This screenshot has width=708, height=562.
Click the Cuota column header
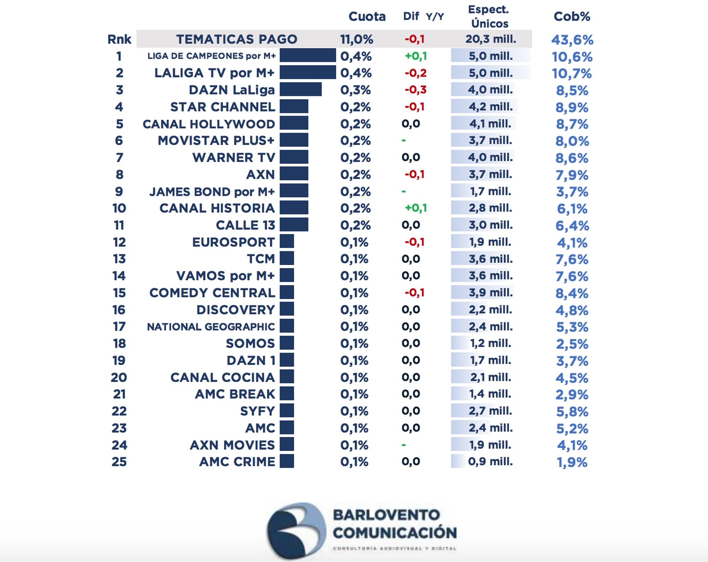pyautogui.click(x=367, y=16)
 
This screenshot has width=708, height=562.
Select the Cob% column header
pyautogui.click(x=572, y=16)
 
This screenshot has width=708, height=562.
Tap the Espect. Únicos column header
pyautogui.click(x=489, y=16)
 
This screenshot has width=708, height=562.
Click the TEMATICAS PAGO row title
pyautogui.click(x=236, y=39)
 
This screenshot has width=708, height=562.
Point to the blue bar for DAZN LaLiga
pyautogui.click(x=301, y=90)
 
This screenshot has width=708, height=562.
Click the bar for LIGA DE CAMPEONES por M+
pyautogui.click(x=308, y=56)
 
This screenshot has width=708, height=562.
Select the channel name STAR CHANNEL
pyautogui.click(x=223, y=107)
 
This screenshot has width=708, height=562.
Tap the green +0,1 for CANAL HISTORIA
pyautogui.click(x=416, y=208)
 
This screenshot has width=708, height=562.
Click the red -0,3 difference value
pyautogui.click(x=416, y=90)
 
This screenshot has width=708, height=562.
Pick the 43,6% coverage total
pyautogui.click(x=572, y=40)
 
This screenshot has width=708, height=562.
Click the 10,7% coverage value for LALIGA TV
pyautogui.click(x=572, y=73)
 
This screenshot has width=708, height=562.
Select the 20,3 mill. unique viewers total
pyautogui.click(x=491, y=39)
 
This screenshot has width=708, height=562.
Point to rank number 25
pyautogui.click(x=119, y=462)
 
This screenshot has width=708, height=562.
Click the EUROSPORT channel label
pyautogui.click(x=233, y=242)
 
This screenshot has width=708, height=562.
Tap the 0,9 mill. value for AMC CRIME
pyautogui.click(x=490, y=461)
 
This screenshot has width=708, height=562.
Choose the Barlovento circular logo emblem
pyautogui.click(x=296, y=530)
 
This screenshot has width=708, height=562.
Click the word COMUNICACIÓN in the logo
pyautogui.click(x=394, y=533)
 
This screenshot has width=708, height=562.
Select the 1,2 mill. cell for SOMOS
pyautogui.click(x=490, y=343)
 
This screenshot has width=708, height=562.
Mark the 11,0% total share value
pyautogui.click(x=356, y=39)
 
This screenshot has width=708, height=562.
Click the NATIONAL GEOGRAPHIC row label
pyautogui.click(x=211, y=327)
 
